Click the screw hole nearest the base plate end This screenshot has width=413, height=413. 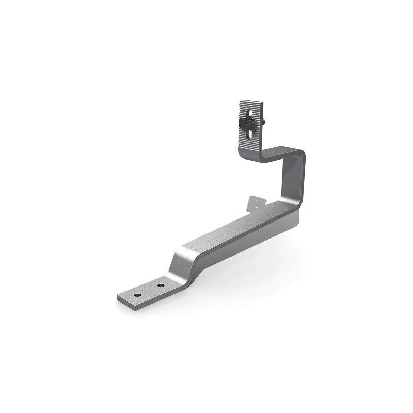tap(138, 294)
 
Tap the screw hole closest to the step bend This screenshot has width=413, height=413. tap(161, 285)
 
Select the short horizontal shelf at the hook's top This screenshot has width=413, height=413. tap(279, 153)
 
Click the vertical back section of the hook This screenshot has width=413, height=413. tap(292, 181)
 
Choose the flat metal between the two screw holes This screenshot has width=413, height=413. tap(150, 290)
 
